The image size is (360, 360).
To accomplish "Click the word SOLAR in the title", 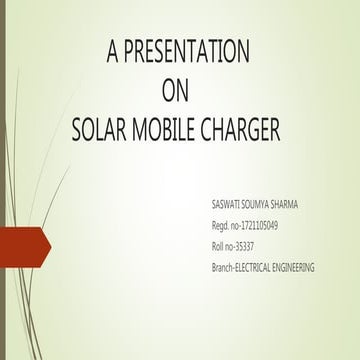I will [x=102, y=130].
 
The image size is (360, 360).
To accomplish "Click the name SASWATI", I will [x=229, y=205].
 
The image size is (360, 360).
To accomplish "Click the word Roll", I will [x=221, y=247].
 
